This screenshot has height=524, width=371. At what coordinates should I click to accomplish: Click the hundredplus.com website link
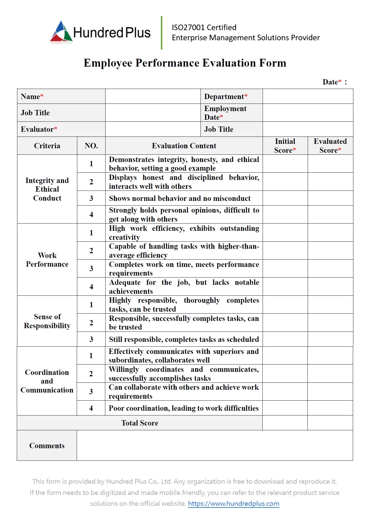[x=233, y=504]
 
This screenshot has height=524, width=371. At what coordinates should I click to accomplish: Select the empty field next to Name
[x=153, y=97]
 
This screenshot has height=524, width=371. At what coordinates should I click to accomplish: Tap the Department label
[x=224, y=97]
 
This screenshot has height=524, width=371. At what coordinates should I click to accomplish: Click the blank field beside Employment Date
[x=308, y=113]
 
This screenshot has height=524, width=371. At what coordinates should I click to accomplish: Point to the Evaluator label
[x=37, y=129]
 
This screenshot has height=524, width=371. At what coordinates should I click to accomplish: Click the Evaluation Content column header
[x=184, y=146]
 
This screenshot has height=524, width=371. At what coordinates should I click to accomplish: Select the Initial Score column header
[x=285, y=146]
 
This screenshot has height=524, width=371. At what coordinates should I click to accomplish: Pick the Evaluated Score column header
[x=330, y=146]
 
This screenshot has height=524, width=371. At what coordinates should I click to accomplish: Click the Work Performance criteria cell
[x=47, y=260]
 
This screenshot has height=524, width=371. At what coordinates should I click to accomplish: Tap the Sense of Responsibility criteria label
[x=47, y=321]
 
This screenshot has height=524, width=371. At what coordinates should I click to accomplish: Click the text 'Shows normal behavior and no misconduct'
[x=179, y=198]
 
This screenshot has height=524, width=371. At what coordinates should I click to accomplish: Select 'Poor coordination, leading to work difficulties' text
[x=183, y=408]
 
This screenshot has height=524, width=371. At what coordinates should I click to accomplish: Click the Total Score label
[x=140, y=423]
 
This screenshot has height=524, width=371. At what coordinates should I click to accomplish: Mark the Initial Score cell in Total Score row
[x=285, y=423]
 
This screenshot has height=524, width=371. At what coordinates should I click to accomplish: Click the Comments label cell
[x=47, y=446]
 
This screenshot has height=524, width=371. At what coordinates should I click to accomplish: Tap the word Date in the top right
[x=330, y=82]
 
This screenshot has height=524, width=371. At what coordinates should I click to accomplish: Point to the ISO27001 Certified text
[x=204, y=27]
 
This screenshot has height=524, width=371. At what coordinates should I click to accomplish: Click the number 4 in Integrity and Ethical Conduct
[x=91, y=215]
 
